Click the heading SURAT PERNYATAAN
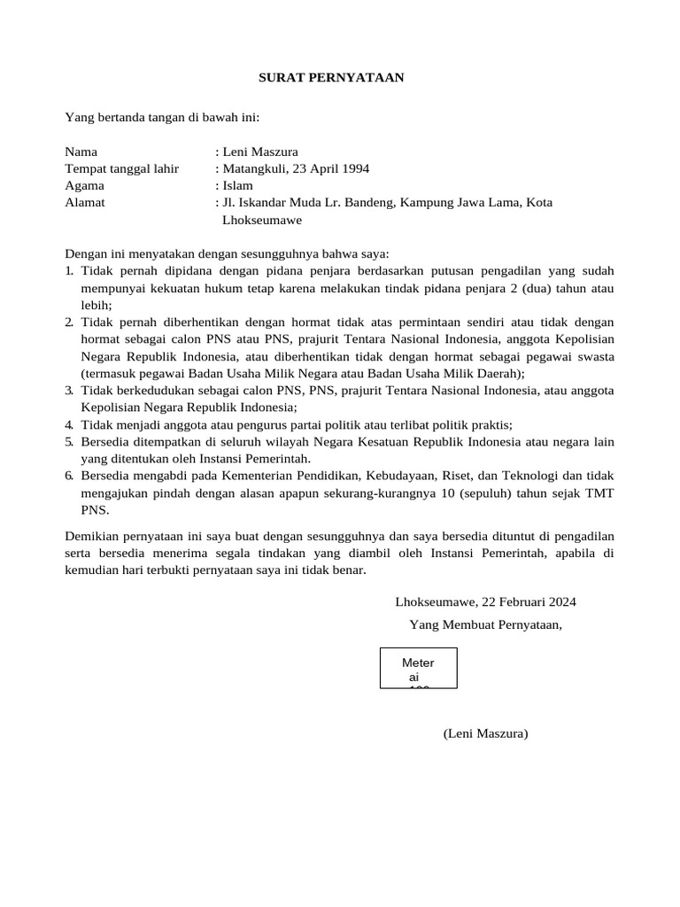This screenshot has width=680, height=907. tap(330, 78)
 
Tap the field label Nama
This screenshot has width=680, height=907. tap(81, 151)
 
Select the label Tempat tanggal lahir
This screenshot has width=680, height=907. tap(121, 168)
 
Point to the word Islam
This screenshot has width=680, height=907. tap(237, 185)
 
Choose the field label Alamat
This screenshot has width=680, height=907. tap(85, 202)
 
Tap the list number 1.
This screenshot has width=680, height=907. tap(69, 270)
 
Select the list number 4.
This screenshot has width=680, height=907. tap(69, 424)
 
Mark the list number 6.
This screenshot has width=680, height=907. tap(69, 476)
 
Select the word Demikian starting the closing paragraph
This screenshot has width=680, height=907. tap(93, 537)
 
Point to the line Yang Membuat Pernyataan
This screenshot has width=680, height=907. tap(485, 624)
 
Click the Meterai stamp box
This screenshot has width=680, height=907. tap(418, 668)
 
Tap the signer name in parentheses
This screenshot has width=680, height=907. tap(485, 733)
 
